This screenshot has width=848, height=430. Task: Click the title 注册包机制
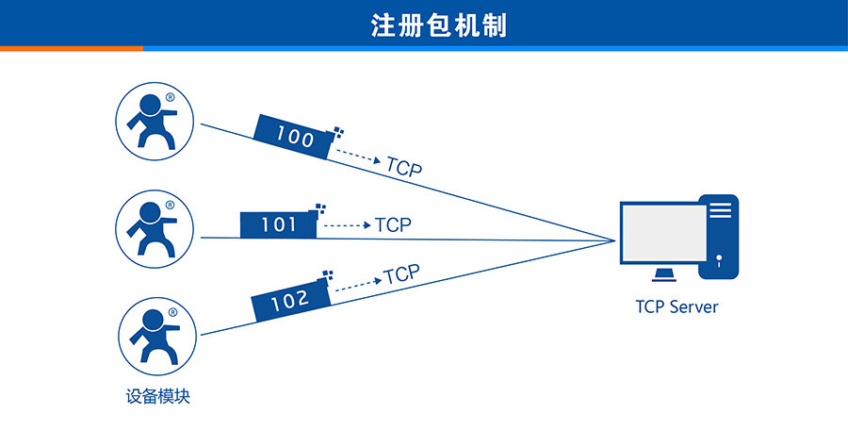pos(439,24)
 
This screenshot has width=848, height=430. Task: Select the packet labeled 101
pos(279,224)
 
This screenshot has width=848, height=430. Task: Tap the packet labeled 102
pos(290,301)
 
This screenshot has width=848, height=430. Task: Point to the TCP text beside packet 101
pos(393,225)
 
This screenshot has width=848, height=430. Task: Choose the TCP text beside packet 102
pos(401,275)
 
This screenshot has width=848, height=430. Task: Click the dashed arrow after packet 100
pos(359,157)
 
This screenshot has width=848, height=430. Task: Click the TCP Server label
pos(677,307)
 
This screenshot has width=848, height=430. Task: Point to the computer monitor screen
pos(662,234)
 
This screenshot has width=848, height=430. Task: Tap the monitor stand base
pos(664,274)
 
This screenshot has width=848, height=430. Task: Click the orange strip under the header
pos(71,48)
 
